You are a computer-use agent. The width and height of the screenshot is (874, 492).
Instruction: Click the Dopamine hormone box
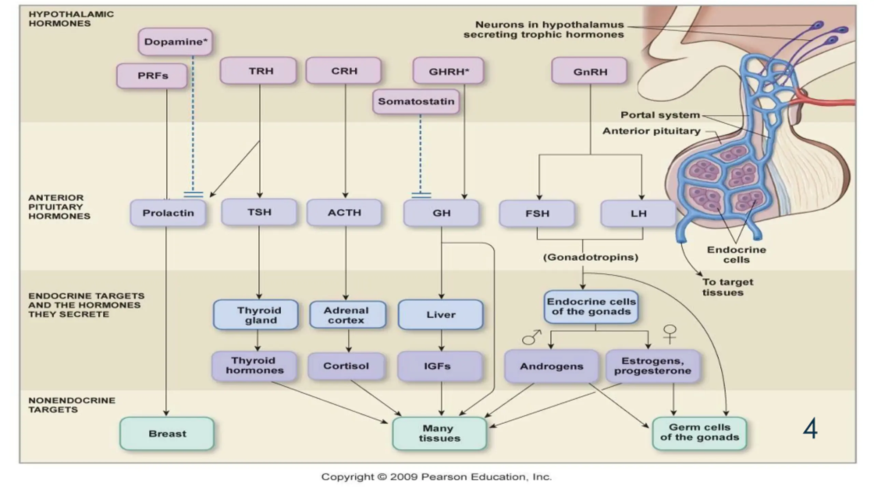pos(175,42)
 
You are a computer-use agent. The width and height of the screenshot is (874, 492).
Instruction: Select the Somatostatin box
pos(416,101)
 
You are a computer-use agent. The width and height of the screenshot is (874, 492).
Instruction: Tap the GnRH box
pos(590,71)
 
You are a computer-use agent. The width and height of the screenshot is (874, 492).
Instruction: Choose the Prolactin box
pos(168,213)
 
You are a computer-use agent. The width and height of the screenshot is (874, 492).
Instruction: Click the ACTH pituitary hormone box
pos(344,213)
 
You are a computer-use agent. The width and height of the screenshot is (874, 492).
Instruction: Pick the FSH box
pos(537,214)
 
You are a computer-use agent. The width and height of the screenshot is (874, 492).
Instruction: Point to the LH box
pos(638,214)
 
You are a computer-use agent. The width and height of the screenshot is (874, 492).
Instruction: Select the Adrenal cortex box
pos(348,315)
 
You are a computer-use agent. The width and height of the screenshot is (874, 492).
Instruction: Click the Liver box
pos(440,315)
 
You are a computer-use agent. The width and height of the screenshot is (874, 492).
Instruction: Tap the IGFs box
pos(440,366)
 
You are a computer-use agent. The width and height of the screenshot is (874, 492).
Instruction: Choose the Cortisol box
pos(346,366)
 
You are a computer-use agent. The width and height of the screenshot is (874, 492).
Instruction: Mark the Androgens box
pos(551,366)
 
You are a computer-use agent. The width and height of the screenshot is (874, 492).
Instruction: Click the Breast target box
pos(167,434)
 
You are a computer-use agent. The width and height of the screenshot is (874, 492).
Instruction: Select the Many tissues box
pos(439,433)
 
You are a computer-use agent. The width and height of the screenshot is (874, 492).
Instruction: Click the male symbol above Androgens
pos(531,337)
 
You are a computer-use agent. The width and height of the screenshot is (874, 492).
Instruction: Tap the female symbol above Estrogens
pos(670,333)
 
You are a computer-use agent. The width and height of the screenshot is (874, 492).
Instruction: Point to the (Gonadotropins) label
pos(591,257)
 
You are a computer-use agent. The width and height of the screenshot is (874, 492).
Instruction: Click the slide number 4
pos(810,429)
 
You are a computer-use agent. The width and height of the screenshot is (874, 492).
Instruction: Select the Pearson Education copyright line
pos(436,477)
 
